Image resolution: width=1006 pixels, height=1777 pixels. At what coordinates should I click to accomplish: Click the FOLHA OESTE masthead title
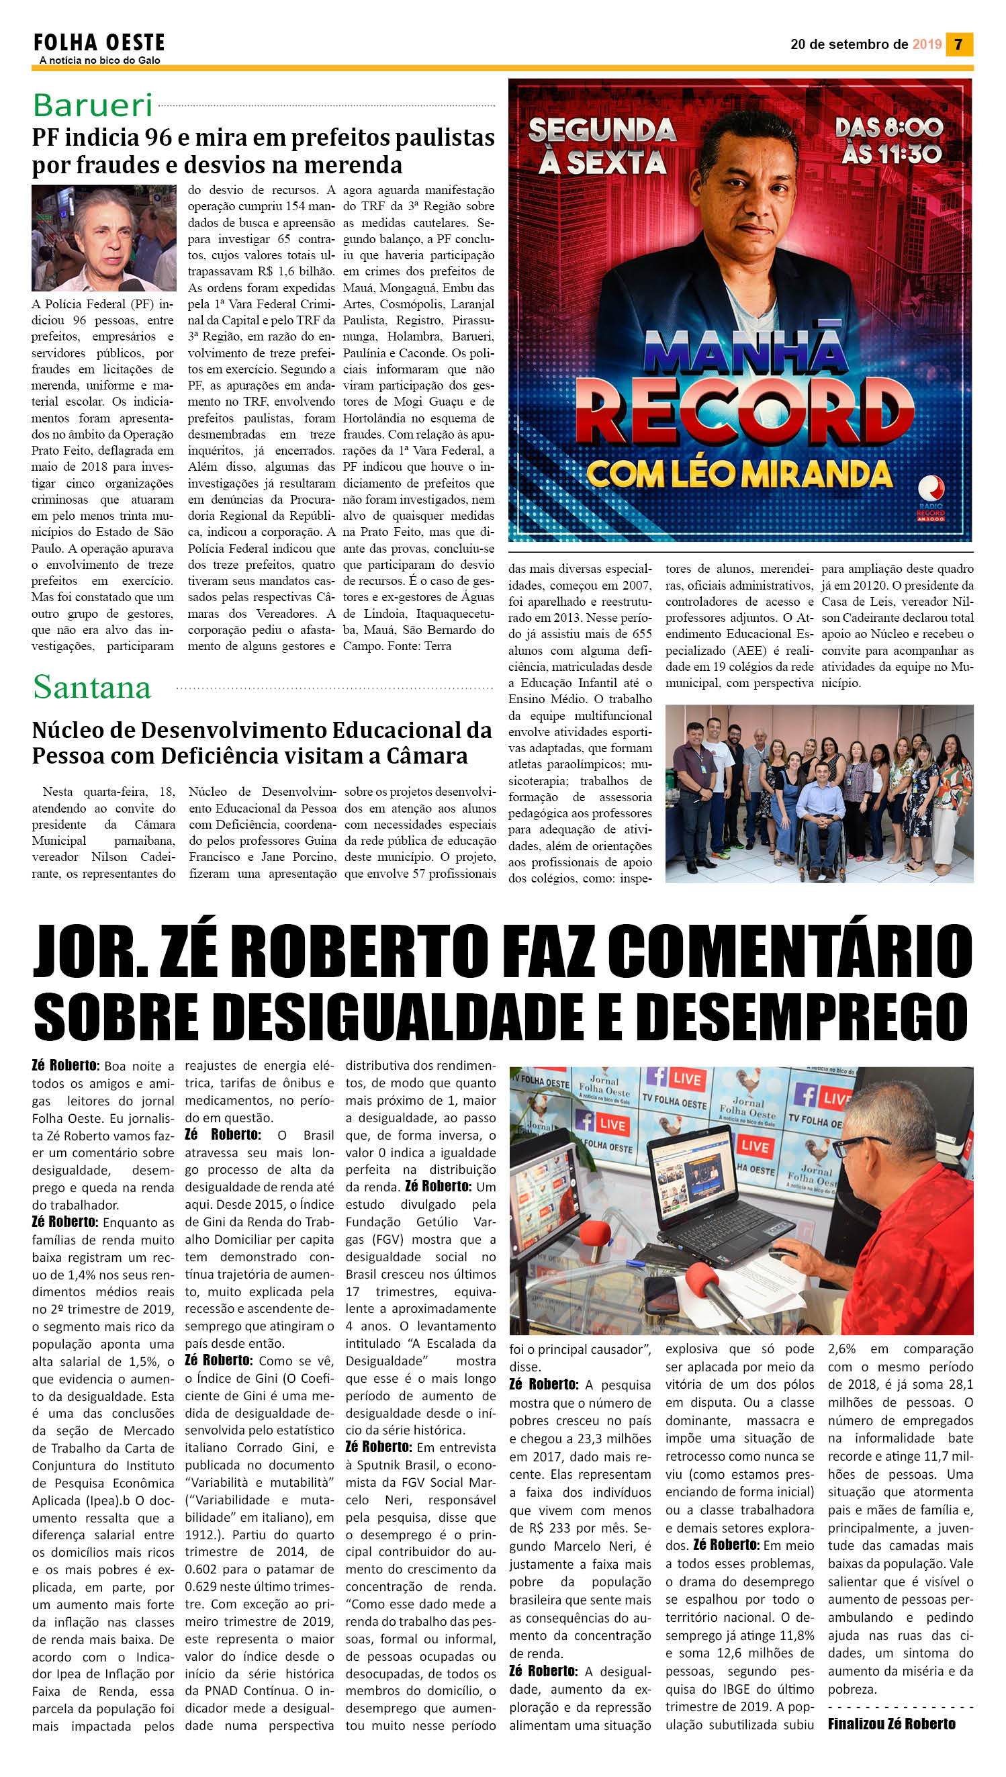point(99,43)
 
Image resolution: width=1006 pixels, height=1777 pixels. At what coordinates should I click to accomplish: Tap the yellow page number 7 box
point(958,44)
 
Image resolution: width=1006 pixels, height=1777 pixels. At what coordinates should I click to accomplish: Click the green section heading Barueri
point(93,105)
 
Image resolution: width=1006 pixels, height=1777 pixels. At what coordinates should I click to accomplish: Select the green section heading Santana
point(92,688)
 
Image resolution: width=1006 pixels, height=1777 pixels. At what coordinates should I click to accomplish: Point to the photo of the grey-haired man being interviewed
point(103,238)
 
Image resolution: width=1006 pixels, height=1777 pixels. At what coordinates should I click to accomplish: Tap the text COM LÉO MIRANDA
point(739,474)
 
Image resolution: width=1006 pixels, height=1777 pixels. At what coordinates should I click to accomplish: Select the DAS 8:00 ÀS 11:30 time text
point(889,141)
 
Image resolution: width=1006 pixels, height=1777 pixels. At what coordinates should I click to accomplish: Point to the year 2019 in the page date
point(927,44)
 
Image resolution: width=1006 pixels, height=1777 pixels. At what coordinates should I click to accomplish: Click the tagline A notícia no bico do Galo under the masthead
point(99,61)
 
